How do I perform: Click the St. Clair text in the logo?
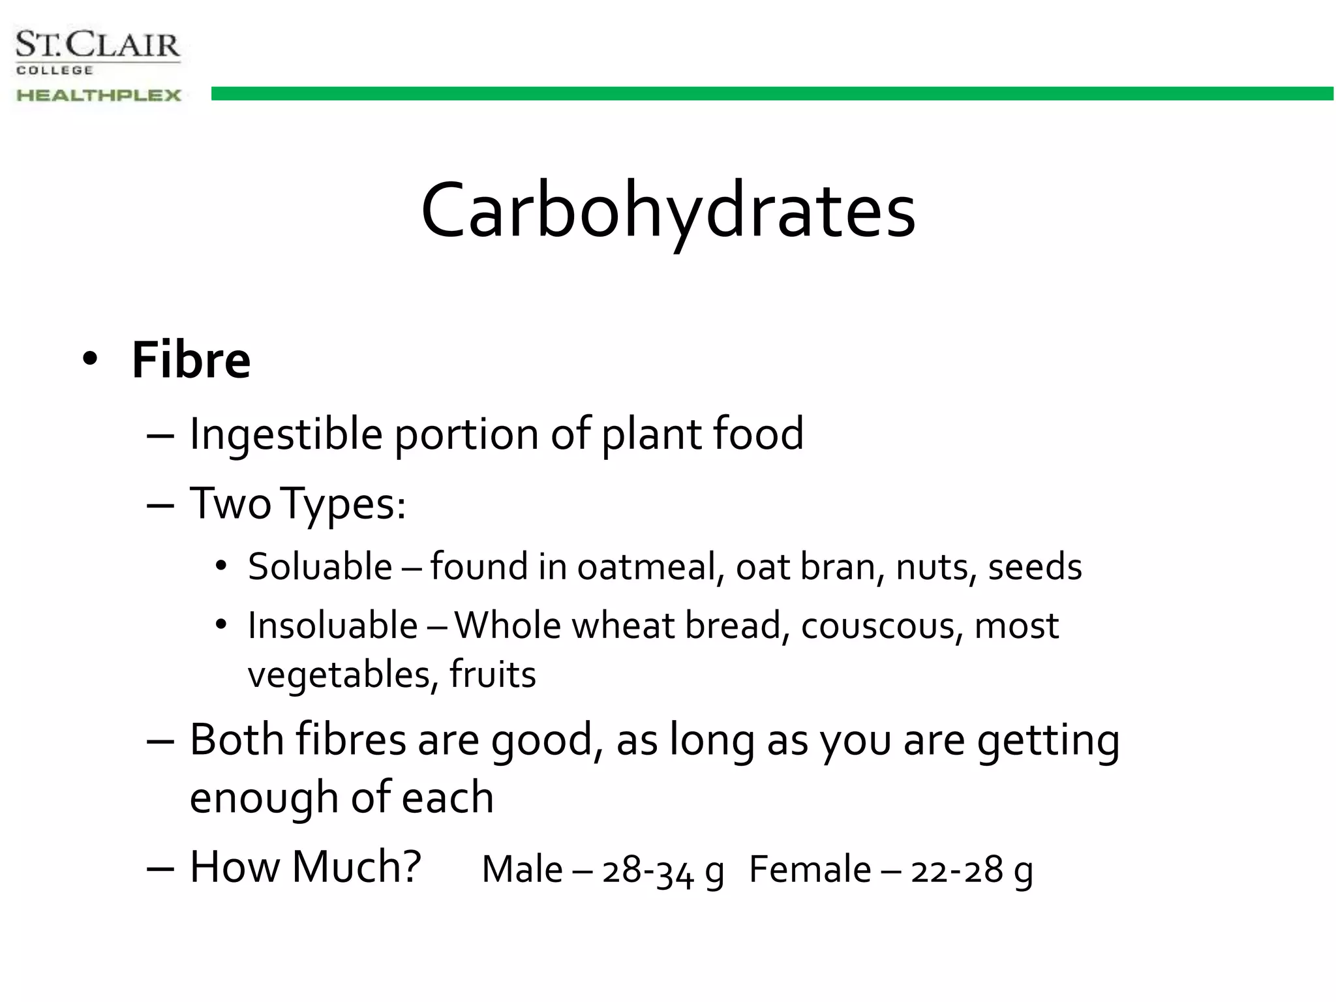click(x=98, y=46)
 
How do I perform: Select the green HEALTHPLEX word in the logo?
click(x=99, y=95)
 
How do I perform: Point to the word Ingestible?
click(x=286, y=434)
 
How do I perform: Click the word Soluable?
click(x=320, y=566)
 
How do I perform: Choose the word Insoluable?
click(x=333, y=626)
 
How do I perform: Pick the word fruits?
click(x=493, y=675)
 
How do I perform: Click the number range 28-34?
click(x=648, y=871)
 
